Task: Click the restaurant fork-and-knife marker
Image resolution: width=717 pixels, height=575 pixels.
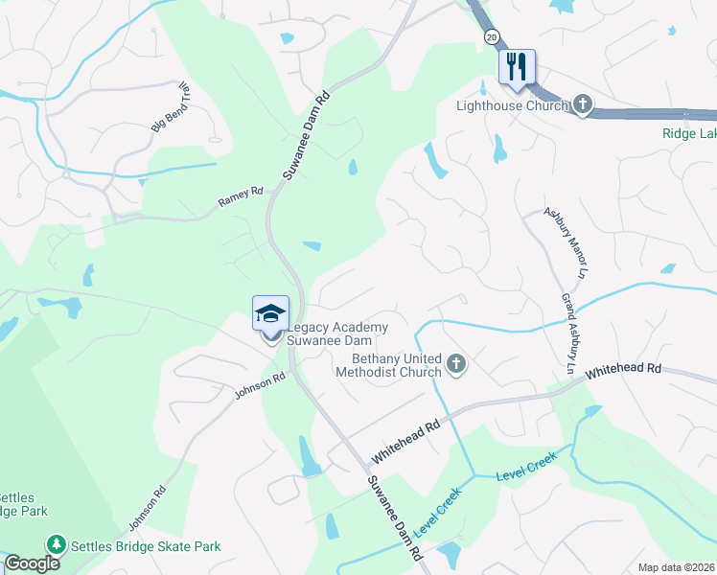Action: pos(517,67)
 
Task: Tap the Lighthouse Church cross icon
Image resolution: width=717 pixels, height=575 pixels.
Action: pos(583,104)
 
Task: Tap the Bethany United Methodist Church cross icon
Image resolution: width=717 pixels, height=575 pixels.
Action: pos(456,364)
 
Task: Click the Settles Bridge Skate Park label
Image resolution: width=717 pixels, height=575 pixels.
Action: pos(145,546)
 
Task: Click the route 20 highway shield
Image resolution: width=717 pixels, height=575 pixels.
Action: pos(492,36)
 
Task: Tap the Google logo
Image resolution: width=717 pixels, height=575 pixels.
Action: pos(32,563)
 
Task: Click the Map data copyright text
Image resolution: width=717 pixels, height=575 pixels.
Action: pos(677,567)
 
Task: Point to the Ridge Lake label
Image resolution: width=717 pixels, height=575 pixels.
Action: pos(689,134)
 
